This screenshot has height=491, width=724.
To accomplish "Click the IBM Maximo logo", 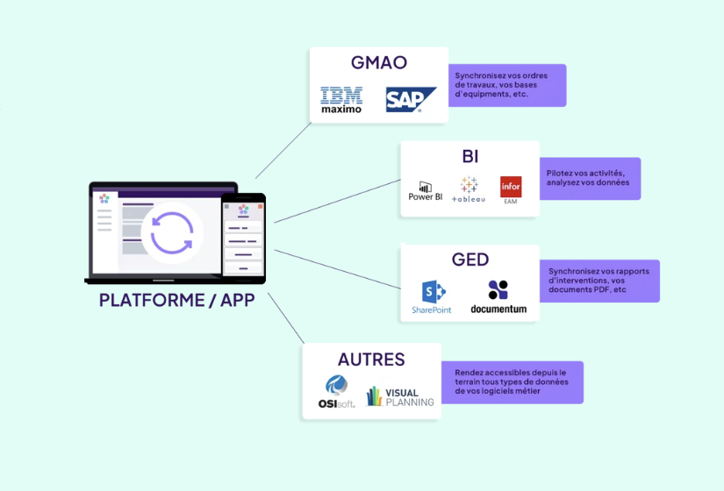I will click(x=341, y=100).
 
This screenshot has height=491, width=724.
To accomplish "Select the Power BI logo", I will click(x=426, y=190).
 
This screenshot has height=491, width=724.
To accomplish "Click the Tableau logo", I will click(x=469, y=189).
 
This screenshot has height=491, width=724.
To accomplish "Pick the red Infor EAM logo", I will click(x=511, y=190).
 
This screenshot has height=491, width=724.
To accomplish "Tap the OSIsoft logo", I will click(x=336, y=392).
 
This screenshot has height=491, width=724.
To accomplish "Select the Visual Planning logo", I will click(x=400, y=396).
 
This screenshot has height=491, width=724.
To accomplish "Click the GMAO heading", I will click(x=378, y=63).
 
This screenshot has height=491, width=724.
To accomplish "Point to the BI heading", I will click(x=470, y=156).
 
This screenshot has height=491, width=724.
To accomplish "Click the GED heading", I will click(x=470, y=260).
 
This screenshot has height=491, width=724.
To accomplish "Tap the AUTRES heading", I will click(x=371, y=359).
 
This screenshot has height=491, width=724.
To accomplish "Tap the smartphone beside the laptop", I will click(x=242, y=236).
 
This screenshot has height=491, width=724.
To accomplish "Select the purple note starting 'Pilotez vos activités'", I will click(x=589, y=178).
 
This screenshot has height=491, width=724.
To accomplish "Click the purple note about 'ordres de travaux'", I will click(x=506, y=85).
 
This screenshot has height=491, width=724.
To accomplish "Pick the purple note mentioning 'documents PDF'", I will click(x=599, y=281).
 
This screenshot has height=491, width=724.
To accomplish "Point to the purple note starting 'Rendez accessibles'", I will click(x=512, y=382).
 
